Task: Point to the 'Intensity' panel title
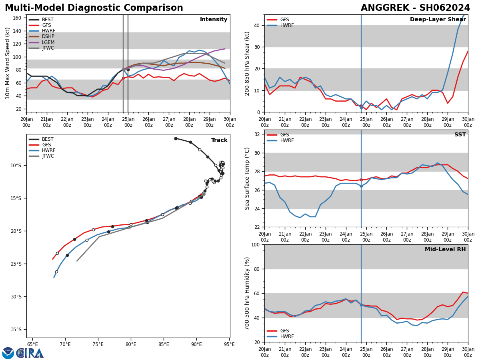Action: [x=214, y=20]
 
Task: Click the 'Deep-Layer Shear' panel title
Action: [x=438, y=20]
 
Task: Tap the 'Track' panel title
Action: [x=219, y=140]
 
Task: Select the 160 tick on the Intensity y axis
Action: [x=17, y=18]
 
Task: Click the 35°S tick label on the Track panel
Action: [x=16, y=330]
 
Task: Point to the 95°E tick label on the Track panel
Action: [x=229, y=344]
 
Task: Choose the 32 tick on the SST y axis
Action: [x=257, y=134]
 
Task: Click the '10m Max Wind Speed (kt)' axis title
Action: [x=8, y=63]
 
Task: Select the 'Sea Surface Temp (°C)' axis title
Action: [x=248, y=178]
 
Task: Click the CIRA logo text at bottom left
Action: [x=30, y=353]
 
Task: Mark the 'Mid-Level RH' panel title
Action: [x=445, y=250]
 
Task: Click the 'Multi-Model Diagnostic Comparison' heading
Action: [x=94, y=8]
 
